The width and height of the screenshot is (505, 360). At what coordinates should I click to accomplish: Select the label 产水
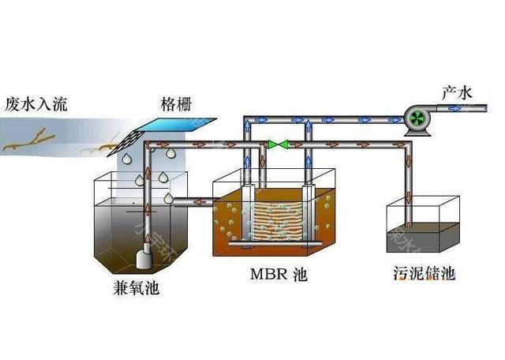(x=458, y=93)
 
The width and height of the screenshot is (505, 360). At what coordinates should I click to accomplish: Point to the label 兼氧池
(x=136, y=288)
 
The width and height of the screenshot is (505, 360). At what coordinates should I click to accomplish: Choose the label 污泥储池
(x=423, y=274)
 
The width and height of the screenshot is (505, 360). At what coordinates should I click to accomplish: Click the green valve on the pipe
(x=277, y=144)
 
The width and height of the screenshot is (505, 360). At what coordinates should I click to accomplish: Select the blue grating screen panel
(x=175, y=126)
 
